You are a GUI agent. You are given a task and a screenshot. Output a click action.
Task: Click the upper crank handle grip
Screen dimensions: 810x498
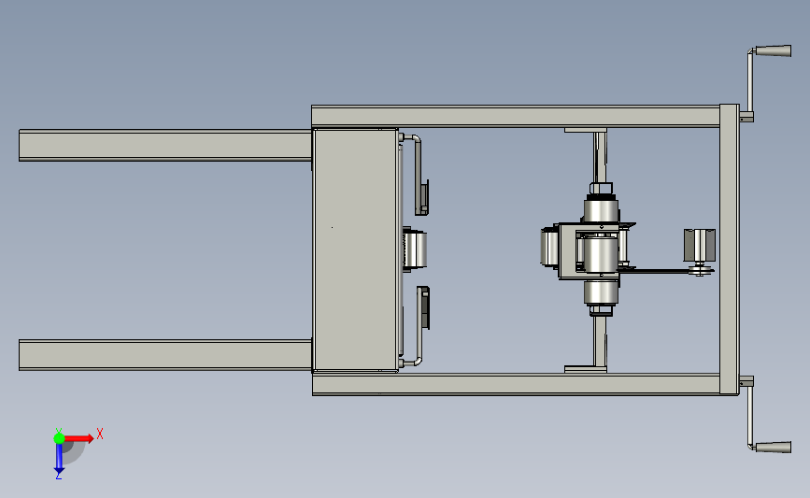(774, 50)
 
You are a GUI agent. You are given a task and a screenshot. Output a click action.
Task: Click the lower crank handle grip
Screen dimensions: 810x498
(774, 447)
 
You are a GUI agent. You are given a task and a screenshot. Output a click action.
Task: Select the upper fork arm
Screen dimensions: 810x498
(165, 145)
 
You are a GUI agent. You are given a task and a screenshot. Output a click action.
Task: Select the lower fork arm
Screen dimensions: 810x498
(165, 355)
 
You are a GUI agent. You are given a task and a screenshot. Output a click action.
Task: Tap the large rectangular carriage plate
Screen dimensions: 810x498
(355, 250)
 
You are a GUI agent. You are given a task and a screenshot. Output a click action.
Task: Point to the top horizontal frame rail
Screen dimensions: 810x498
(516, 116)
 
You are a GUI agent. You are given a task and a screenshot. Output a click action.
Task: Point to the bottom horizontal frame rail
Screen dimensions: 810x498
(516, 384)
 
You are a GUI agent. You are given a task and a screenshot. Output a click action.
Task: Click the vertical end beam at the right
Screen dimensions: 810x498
(730, 249)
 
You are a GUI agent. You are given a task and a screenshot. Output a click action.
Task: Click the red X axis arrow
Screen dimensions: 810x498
(78, 438)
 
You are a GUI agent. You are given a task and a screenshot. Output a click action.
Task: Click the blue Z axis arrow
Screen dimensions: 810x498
(59, 458)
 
